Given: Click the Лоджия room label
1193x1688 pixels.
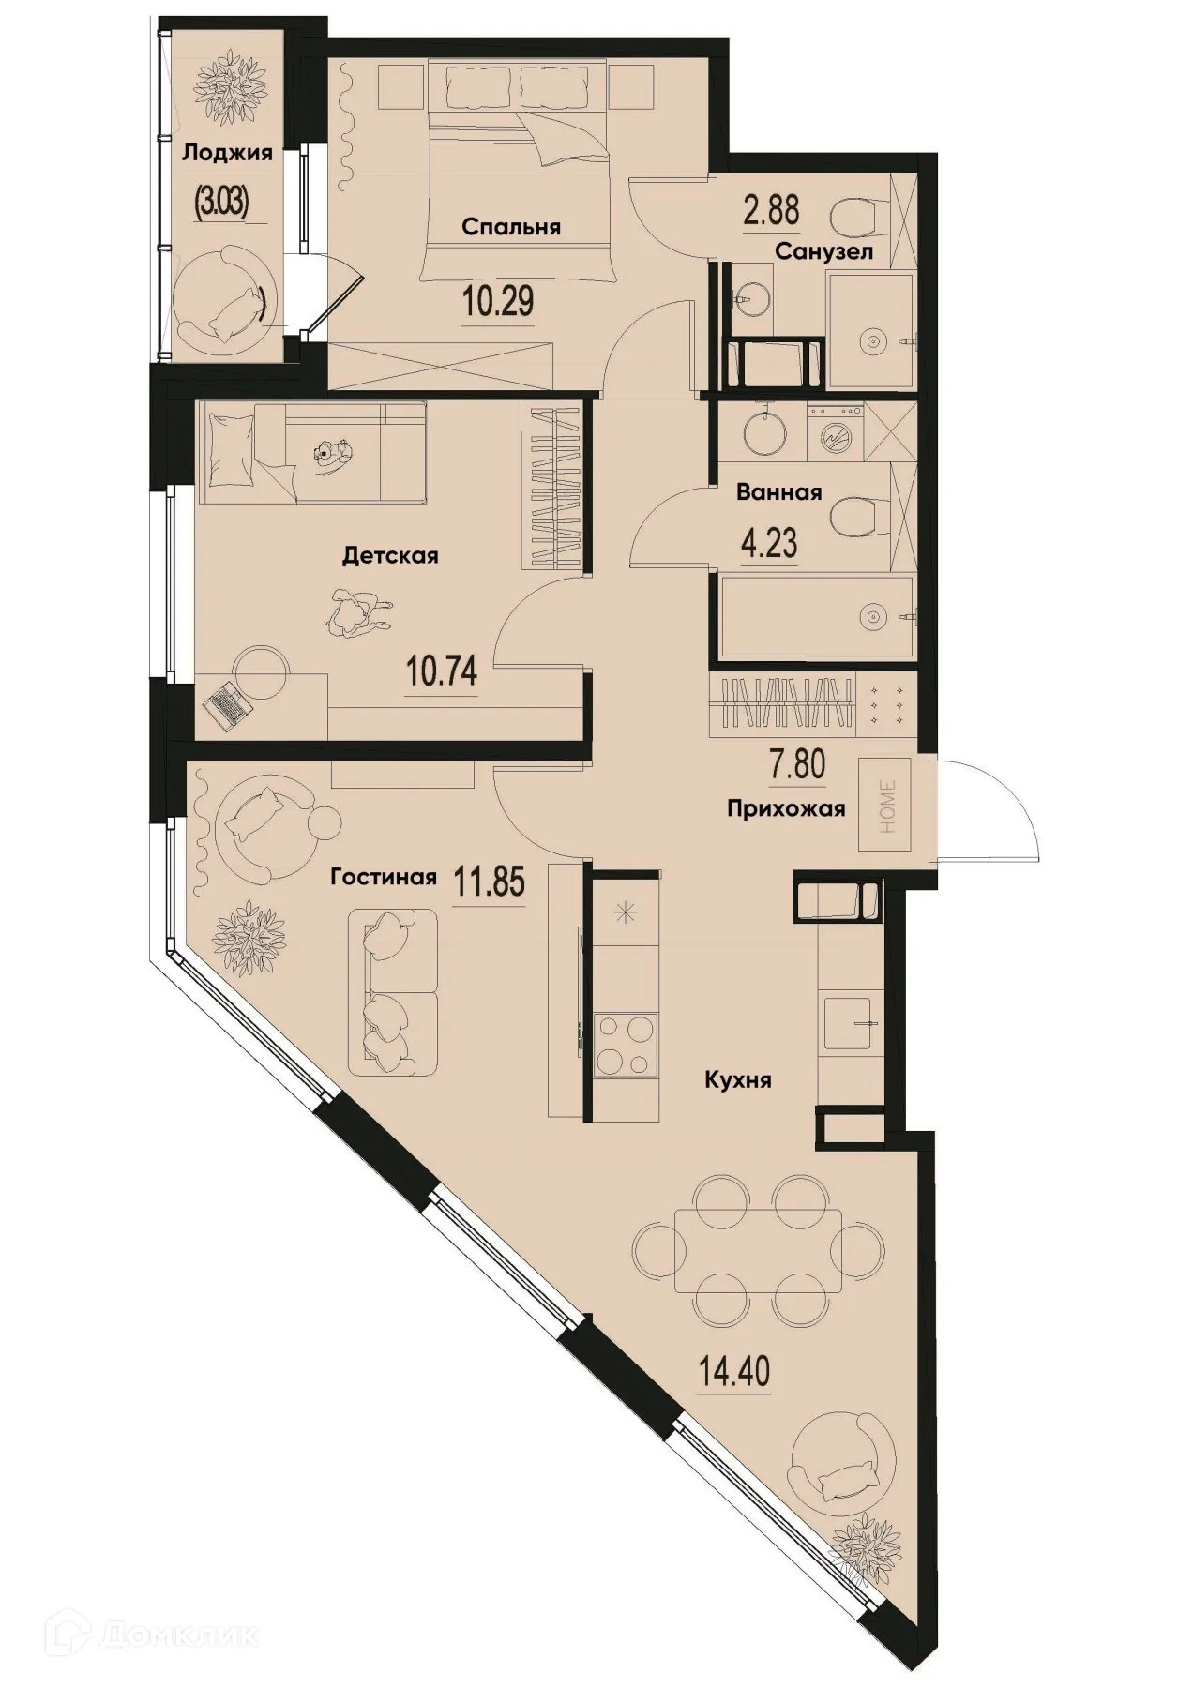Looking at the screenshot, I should point(227,153).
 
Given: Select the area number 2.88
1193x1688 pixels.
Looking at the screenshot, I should point(771,210).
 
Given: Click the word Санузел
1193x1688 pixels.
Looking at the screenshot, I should point(823,251).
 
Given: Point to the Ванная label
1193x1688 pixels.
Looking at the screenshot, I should point(778,492).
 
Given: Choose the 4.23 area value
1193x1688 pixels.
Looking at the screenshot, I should point(769,545).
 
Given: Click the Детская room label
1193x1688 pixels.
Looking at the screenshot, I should point(390,556).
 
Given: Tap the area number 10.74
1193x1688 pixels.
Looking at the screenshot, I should point(442,671).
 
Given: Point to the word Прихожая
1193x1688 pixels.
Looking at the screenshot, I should point(787,808).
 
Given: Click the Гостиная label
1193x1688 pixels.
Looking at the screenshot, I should point(384,877).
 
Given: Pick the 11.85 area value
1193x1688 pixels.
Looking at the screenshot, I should point(489,882).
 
